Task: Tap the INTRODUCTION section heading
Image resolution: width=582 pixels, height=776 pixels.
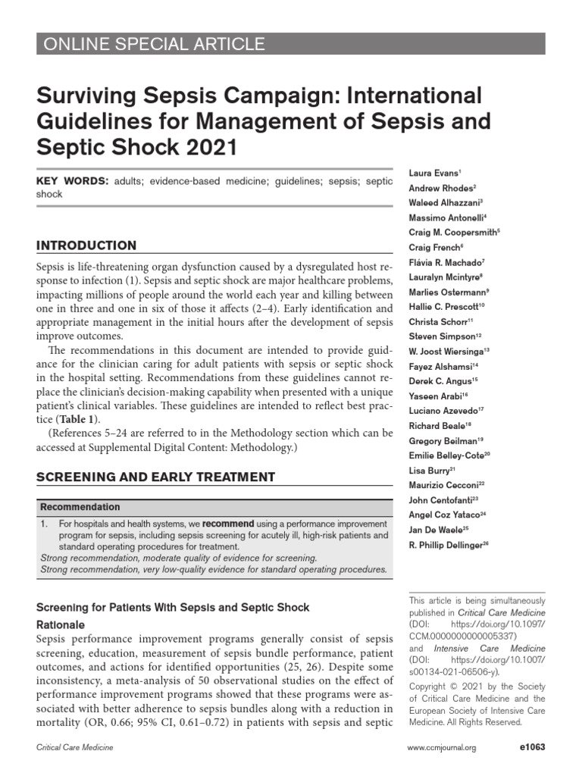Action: (87, 246)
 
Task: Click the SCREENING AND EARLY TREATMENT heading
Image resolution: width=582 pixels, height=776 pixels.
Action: (156, 477)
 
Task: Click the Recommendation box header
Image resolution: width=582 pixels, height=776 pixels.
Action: (80, 507)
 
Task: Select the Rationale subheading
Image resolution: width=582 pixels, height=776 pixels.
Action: (61, 625)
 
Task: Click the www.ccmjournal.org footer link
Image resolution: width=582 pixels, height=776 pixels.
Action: (442, 749)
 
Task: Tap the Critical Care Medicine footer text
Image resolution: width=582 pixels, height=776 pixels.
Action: (75, 749)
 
